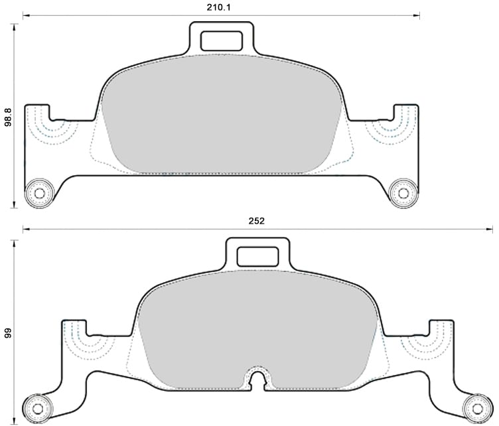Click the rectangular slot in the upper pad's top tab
click(x=222, y=41)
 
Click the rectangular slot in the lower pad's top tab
click(x=257, y=255)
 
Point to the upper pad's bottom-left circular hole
click(x=38, y=193)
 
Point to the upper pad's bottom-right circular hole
click(x=403, y=193)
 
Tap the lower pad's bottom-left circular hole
click(x=38, y=407)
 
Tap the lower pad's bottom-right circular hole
click(x=476, y=407)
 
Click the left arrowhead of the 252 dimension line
click(x=25, y=230)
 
